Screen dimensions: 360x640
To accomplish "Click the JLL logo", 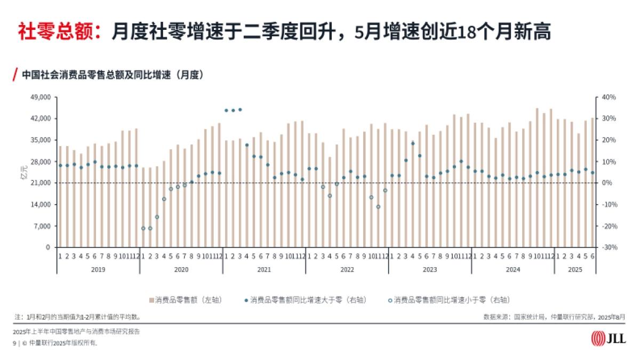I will pyautogui.click(x=609, y=338).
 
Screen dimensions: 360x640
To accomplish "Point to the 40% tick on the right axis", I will pyautogui.click(x=609, y=97).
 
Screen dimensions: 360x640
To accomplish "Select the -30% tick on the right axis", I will pyautogui.click(x=609, y=247).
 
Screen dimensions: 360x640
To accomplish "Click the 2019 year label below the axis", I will pyautogui.click(x=98, y=269).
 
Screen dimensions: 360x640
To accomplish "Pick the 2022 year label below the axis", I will pyautogui.click(x=347, y=269).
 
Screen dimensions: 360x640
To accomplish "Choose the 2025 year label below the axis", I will pyautogui.click(x=575, y=269).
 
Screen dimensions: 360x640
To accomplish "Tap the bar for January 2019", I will pyautogui.click(x=60, y=197).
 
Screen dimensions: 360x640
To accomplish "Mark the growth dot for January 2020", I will pyautogui.click(x=143, y=228).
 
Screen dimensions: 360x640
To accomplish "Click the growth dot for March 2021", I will pyautogui.click(x=240, y=109).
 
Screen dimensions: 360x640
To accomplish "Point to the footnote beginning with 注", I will pyautogui.click(x=78, y=316).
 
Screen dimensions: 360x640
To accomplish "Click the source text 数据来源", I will pyautogui.click(x=555, y=316).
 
